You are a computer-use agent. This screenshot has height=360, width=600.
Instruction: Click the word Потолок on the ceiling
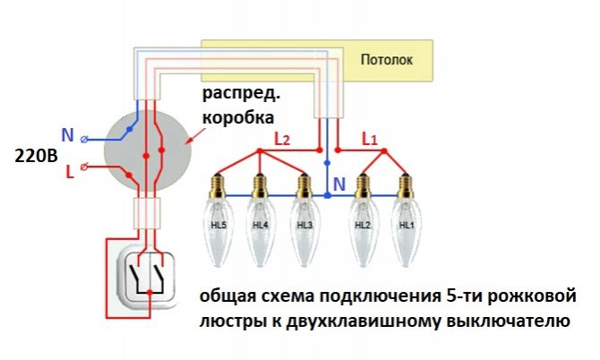[x=387, y=60]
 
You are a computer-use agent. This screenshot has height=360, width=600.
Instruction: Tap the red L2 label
[x=282, y=140]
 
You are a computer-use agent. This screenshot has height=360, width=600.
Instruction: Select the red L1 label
[x=370, y=140]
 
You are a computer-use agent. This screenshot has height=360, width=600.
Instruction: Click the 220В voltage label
[x=37, y=156]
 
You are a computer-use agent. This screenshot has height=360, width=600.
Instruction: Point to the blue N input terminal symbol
[x=84, y=140]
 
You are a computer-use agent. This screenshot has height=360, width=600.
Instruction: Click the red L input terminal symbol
[x=84, y=167]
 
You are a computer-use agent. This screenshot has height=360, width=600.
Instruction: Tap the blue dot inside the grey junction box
[x=130, y=129]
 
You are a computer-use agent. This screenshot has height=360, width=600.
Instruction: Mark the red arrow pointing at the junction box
[x=196, y=135]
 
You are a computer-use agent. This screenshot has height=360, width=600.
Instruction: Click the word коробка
[x=238, y=117]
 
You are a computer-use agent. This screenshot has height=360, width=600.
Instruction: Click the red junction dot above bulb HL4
[x=261, y=151]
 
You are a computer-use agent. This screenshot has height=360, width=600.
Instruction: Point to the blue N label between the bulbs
[x=339, y=184]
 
